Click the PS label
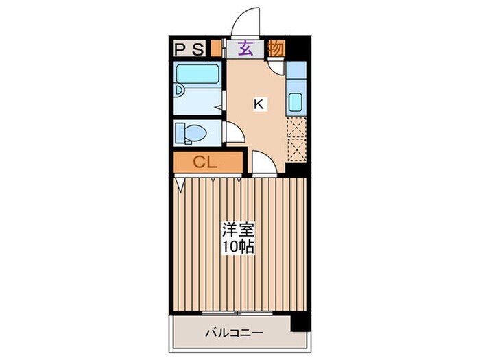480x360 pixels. pyautogui.click(x=188, y=49)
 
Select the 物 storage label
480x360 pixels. pyautogui.click(x=276, y=49)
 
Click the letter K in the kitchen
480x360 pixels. pyautogui.click(x=259, y=104)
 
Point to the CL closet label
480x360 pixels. pyautogui.click(x=205, y=163)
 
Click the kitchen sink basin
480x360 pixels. pyautogui.click(x=296, y=102)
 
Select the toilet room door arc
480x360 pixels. pyautogui.click(x=233, y=133)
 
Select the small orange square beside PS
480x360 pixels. pyautogui.click(x=216, y=49)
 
